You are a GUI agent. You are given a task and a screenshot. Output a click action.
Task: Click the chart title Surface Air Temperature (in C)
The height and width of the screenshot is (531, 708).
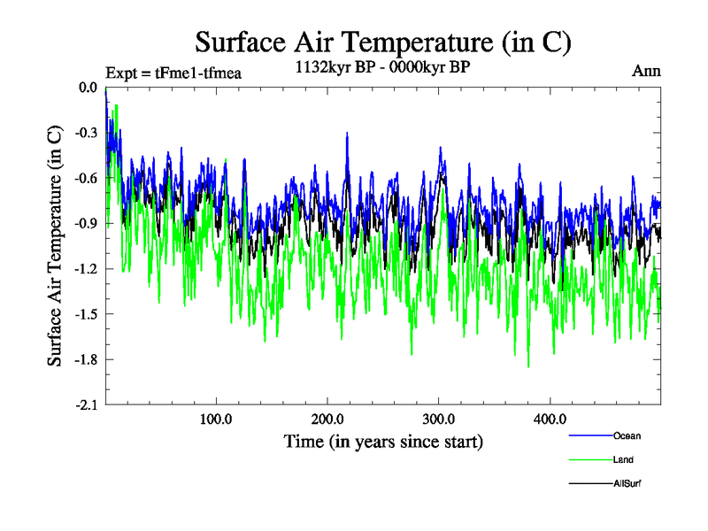pos(382,42)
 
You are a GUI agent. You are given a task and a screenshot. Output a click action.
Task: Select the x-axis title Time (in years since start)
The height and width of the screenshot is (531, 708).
pos(383,440)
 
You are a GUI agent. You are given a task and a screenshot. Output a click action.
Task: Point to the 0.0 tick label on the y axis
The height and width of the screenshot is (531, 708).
pos(87,88)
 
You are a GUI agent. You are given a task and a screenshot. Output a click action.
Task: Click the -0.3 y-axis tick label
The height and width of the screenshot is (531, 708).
pos(85,133)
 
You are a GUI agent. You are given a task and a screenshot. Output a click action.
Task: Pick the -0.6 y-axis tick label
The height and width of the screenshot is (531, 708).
pos(85,178)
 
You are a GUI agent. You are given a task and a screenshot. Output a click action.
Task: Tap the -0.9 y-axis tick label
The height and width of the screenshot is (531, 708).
pos(85,223)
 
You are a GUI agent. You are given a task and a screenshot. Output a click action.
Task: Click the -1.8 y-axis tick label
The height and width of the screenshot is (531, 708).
pos(85,359)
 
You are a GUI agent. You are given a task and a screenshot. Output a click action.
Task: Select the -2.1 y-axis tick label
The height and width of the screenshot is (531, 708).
pos(85,404)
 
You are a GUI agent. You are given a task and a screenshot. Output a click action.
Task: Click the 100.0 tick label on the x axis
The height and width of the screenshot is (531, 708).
pos(216,419)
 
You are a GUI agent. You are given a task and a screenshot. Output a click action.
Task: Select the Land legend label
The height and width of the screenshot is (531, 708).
pos(623,459)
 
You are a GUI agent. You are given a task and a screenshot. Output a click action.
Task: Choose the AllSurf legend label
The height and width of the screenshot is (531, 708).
pos(627,483)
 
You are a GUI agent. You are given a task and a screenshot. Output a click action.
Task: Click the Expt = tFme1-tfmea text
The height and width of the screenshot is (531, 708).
pos(173,73)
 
